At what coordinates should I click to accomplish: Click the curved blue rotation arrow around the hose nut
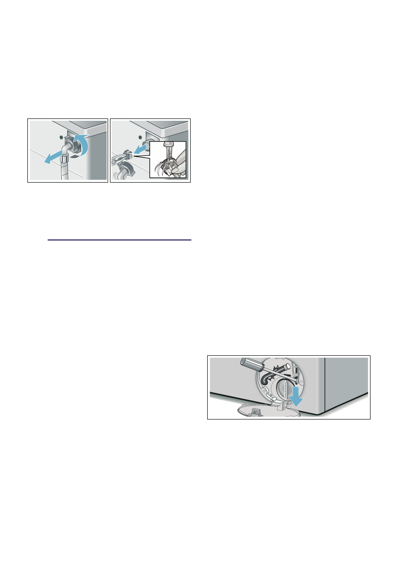84,145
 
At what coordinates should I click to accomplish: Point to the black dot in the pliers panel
141,139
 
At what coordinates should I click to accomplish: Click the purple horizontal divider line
119,240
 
